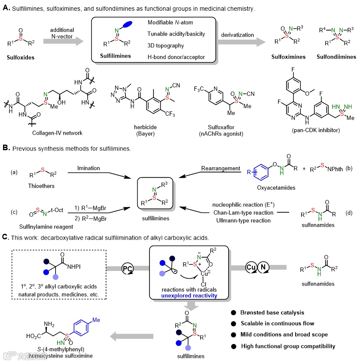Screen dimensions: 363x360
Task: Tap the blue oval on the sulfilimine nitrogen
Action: (x=127, y=24)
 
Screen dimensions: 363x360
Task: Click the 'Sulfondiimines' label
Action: (x=336, y=56)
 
